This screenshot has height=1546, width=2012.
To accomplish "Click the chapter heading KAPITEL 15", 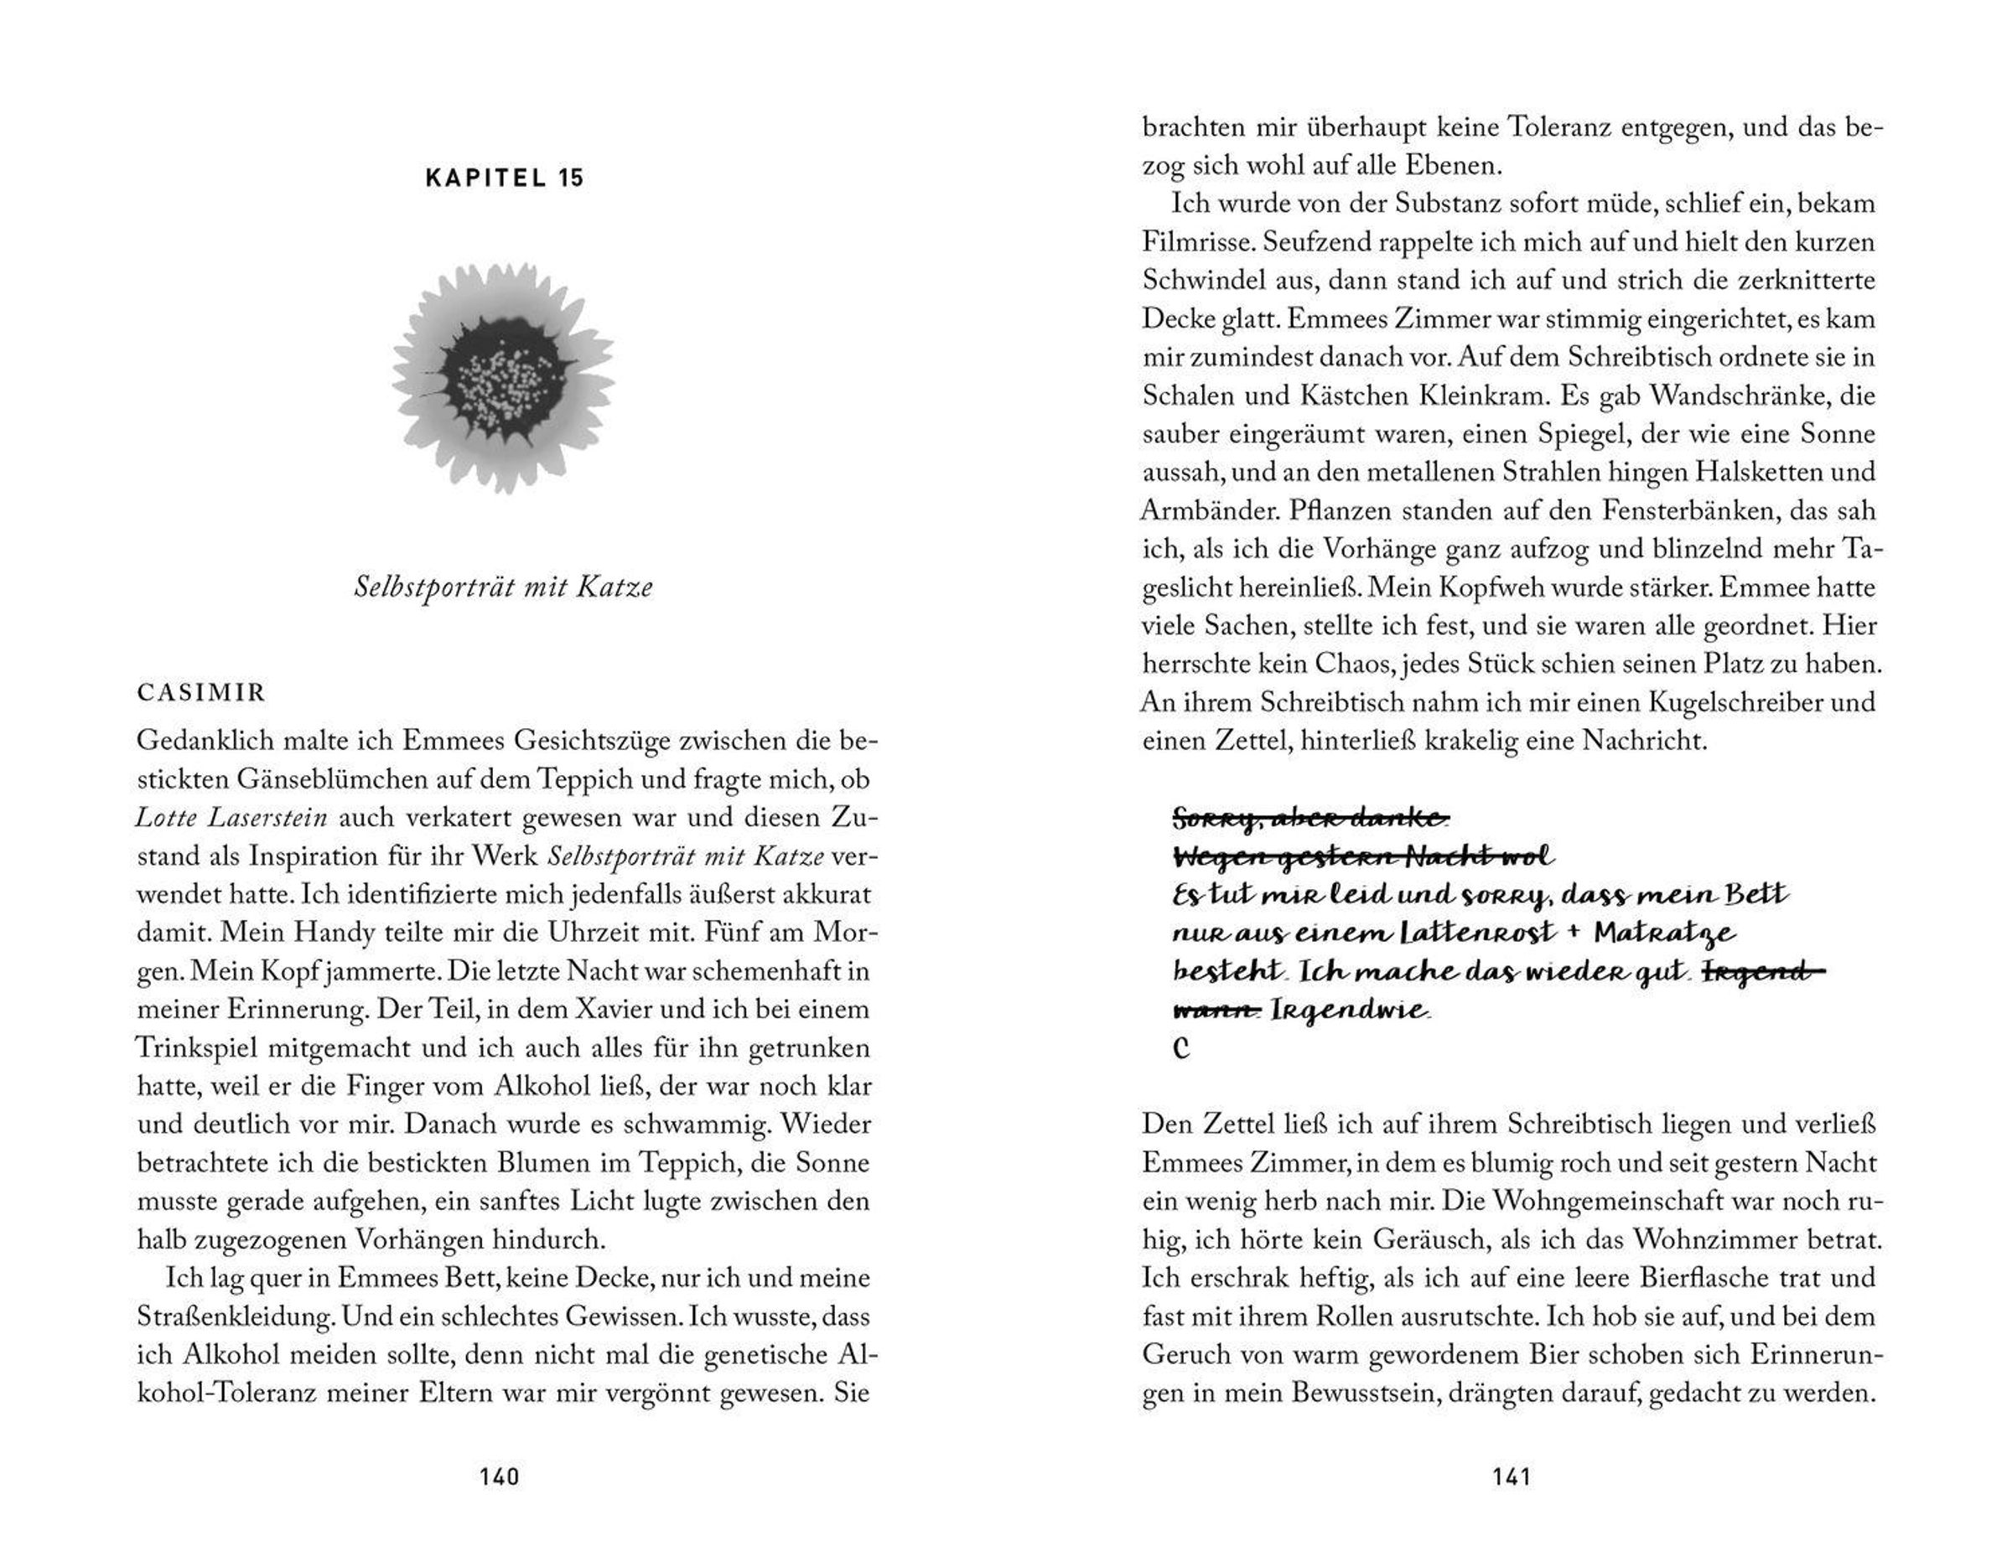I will click(505, 178).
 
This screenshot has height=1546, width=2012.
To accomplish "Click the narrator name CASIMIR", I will click(200, 692).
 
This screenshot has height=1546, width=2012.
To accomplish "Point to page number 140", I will click(500, 1477).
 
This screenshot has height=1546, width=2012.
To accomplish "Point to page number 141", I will click(1512, 1477).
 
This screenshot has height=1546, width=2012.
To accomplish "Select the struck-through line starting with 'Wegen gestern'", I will click(1362, 856).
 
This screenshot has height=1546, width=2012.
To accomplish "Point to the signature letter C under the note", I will click(1183, 1047).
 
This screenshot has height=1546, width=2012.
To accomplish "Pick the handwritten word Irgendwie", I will click(1350, 1011).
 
